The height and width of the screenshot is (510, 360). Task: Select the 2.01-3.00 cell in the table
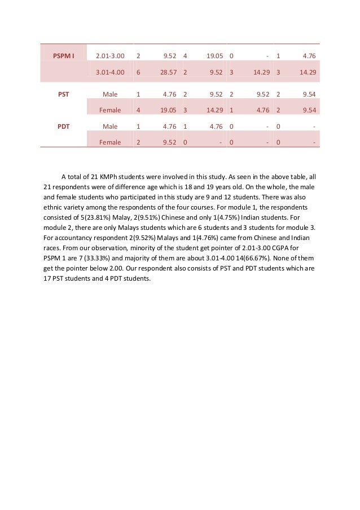click(x=110, y=56)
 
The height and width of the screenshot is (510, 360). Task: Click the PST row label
click(x=64, y=95)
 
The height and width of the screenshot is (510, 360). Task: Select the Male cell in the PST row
click(x=110, y=95)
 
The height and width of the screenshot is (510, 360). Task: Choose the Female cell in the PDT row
click(x=110, y=142)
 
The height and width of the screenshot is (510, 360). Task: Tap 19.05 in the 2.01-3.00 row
click(x=213, y=56)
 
